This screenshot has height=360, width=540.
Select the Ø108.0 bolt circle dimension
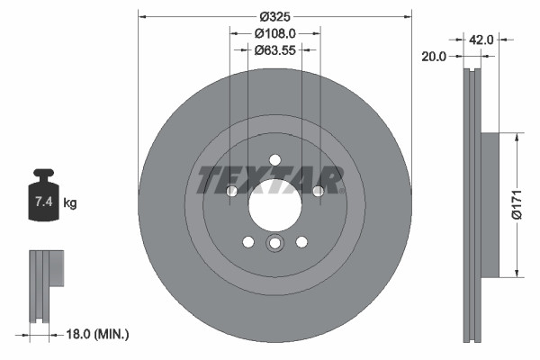pos(274,33)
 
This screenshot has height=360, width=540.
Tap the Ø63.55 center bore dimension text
pos(274,50)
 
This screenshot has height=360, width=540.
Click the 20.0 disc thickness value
pos(434,57)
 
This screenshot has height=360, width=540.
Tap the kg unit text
pos(69,203)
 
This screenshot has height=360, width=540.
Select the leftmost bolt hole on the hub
pos(231,191)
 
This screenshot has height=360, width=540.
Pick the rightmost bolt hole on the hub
pos(318,191)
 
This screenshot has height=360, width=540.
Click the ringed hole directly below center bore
pos(274,243)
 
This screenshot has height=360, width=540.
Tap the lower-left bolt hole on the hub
pos(247,241)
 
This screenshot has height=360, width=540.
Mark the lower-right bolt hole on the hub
pos(301,241)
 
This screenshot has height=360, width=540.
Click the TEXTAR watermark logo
pos(270,180)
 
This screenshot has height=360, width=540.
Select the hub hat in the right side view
pos(490,205)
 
